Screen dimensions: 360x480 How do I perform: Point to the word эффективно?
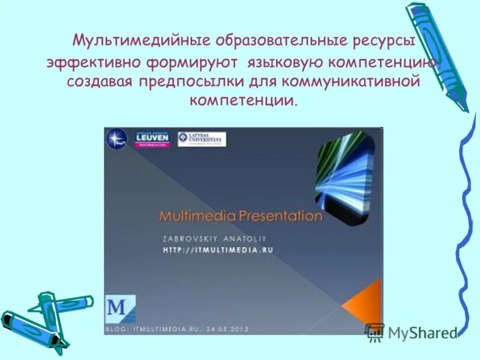94,62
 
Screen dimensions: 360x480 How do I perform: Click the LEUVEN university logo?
152,139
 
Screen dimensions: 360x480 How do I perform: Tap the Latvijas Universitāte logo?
202,139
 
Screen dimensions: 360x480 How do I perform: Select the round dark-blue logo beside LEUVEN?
116,139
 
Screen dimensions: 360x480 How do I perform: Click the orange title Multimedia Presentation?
241,216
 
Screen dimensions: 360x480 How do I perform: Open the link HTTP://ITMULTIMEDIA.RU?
218,250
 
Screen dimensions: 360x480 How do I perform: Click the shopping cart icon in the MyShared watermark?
375,332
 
